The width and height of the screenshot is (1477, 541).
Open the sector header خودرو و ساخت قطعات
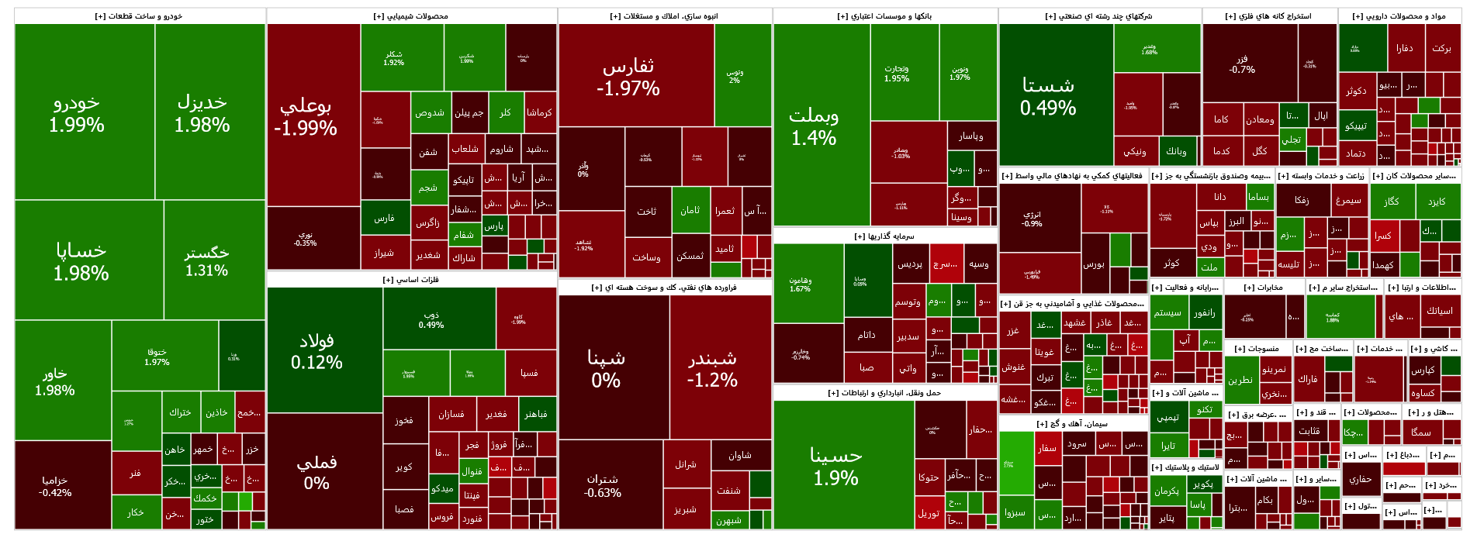pos(140,16)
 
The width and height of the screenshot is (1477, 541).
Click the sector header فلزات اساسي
pos(411,280)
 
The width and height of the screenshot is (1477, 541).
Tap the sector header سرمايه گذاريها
pos(884,236)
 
